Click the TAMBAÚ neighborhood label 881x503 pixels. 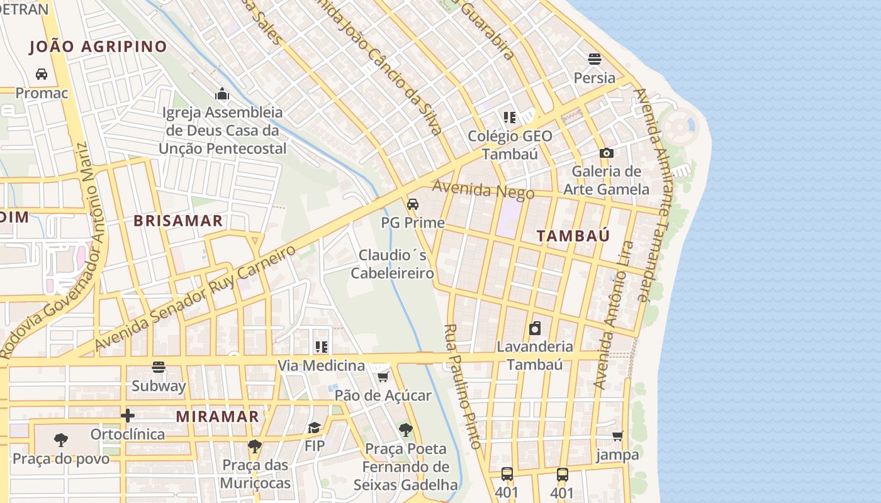click(x=573, y=236)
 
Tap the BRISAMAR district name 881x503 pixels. click(x=178, y=221)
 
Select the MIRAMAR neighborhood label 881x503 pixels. click(x=217, y=416)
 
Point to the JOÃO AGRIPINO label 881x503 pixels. click(x=98, y=47)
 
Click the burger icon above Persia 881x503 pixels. click(x=595, y=59)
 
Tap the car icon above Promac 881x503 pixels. click(x=42, y=74)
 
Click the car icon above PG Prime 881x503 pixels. click(x=413, y=204)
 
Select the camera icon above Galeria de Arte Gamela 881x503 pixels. click(x=607, y=153)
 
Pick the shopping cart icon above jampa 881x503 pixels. click(x=618, y=436)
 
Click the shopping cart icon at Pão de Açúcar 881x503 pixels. click(x=383, y=377)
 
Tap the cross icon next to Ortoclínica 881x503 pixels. click(x=128, y=416)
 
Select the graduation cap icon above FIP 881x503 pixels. click(x=314, y=428)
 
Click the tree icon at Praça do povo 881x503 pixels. click(x=61, y=439)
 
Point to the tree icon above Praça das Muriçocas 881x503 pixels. click(x=255, y=446)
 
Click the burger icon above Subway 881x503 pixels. click(x=159, y=367)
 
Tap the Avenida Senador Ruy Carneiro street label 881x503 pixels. click(x=195, y=297)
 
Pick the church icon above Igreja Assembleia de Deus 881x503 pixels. click(x=222, y=94)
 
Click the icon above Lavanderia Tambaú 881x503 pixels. click(x=535, y=328)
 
